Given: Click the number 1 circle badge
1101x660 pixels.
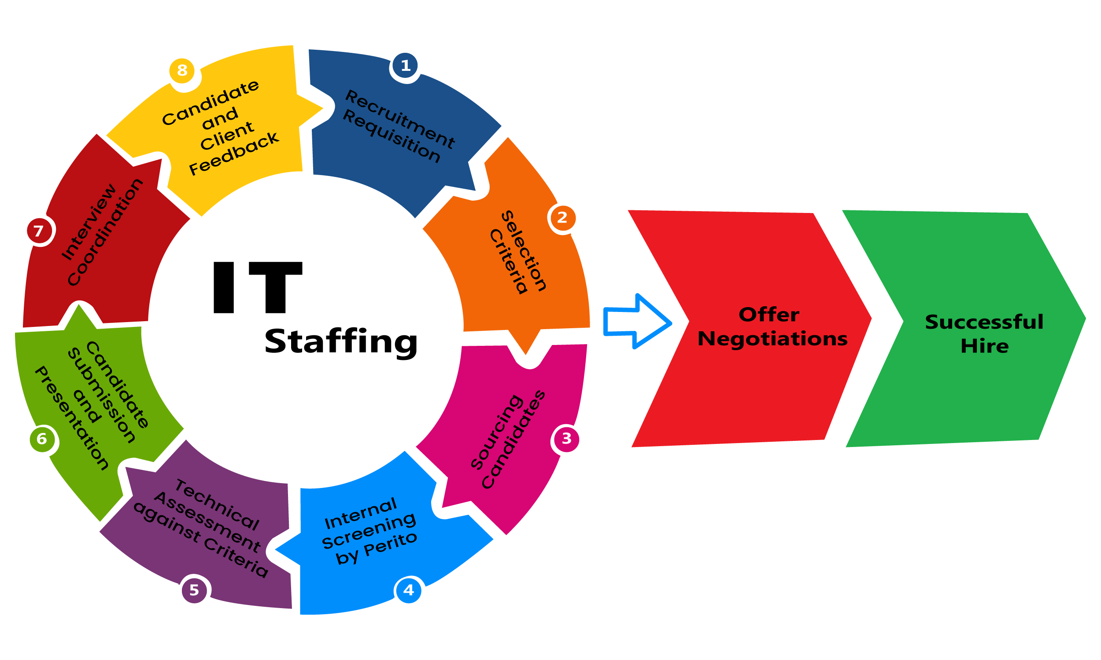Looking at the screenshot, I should (405, 66).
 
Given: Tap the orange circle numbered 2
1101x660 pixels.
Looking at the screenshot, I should (562, 217).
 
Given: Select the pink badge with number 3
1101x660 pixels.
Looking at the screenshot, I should (566, 439).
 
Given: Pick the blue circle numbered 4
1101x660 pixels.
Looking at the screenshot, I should (409, 590).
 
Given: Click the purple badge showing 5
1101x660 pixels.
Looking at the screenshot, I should (195, 590).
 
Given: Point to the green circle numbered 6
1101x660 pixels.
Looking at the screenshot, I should (42, 439).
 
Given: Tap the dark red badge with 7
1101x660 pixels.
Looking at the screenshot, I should (39, 231).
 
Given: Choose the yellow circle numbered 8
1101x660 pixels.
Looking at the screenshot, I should (182, 70).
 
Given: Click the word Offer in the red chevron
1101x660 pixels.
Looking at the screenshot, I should (768, 315).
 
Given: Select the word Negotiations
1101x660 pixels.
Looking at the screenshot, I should (772, 339).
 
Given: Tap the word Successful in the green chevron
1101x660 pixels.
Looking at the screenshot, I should (984, 322).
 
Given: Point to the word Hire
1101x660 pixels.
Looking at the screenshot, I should (984, 346).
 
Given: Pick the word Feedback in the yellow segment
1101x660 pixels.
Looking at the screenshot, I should (234, 154).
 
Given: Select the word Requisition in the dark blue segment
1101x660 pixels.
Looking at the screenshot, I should (392, 136).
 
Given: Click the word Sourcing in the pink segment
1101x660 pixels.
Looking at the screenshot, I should (496, 431).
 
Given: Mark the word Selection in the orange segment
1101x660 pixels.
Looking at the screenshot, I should (524, 251).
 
